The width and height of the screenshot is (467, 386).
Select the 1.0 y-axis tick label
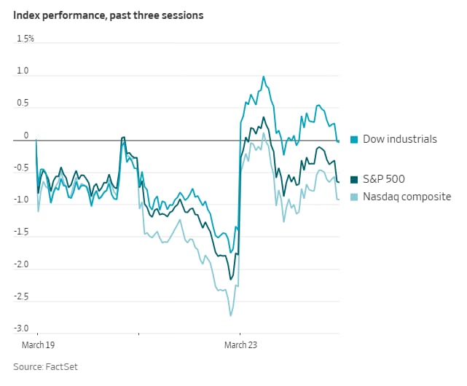click(22, 71)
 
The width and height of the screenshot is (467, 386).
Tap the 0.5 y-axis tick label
click(22, 103)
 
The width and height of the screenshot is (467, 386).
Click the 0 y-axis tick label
click(25, 135)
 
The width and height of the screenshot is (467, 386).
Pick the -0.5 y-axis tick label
click(20, 168)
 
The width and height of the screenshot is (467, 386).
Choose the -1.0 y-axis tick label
click(20, 200)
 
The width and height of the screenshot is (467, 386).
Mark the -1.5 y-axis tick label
click(20, 232)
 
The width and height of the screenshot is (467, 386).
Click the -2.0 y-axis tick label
click(20, 264)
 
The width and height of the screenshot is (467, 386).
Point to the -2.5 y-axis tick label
click(20, 296)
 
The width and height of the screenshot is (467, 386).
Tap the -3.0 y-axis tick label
click(20, 328)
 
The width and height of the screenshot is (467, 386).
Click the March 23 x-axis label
click(241, 344)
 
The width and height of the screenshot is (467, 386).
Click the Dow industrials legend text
click(399, 139)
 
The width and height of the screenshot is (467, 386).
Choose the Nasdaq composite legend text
click(407, 197)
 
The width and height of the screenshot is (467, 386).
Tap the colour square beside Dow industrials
click(355, 139)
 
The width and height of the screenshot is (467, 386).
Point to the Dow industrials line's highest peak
click(263, 76)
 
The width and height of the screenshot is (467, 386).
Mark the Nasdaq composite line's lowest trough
click(231, 315)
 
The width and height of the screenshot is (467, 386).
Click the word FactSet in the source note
click(62, 367)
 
